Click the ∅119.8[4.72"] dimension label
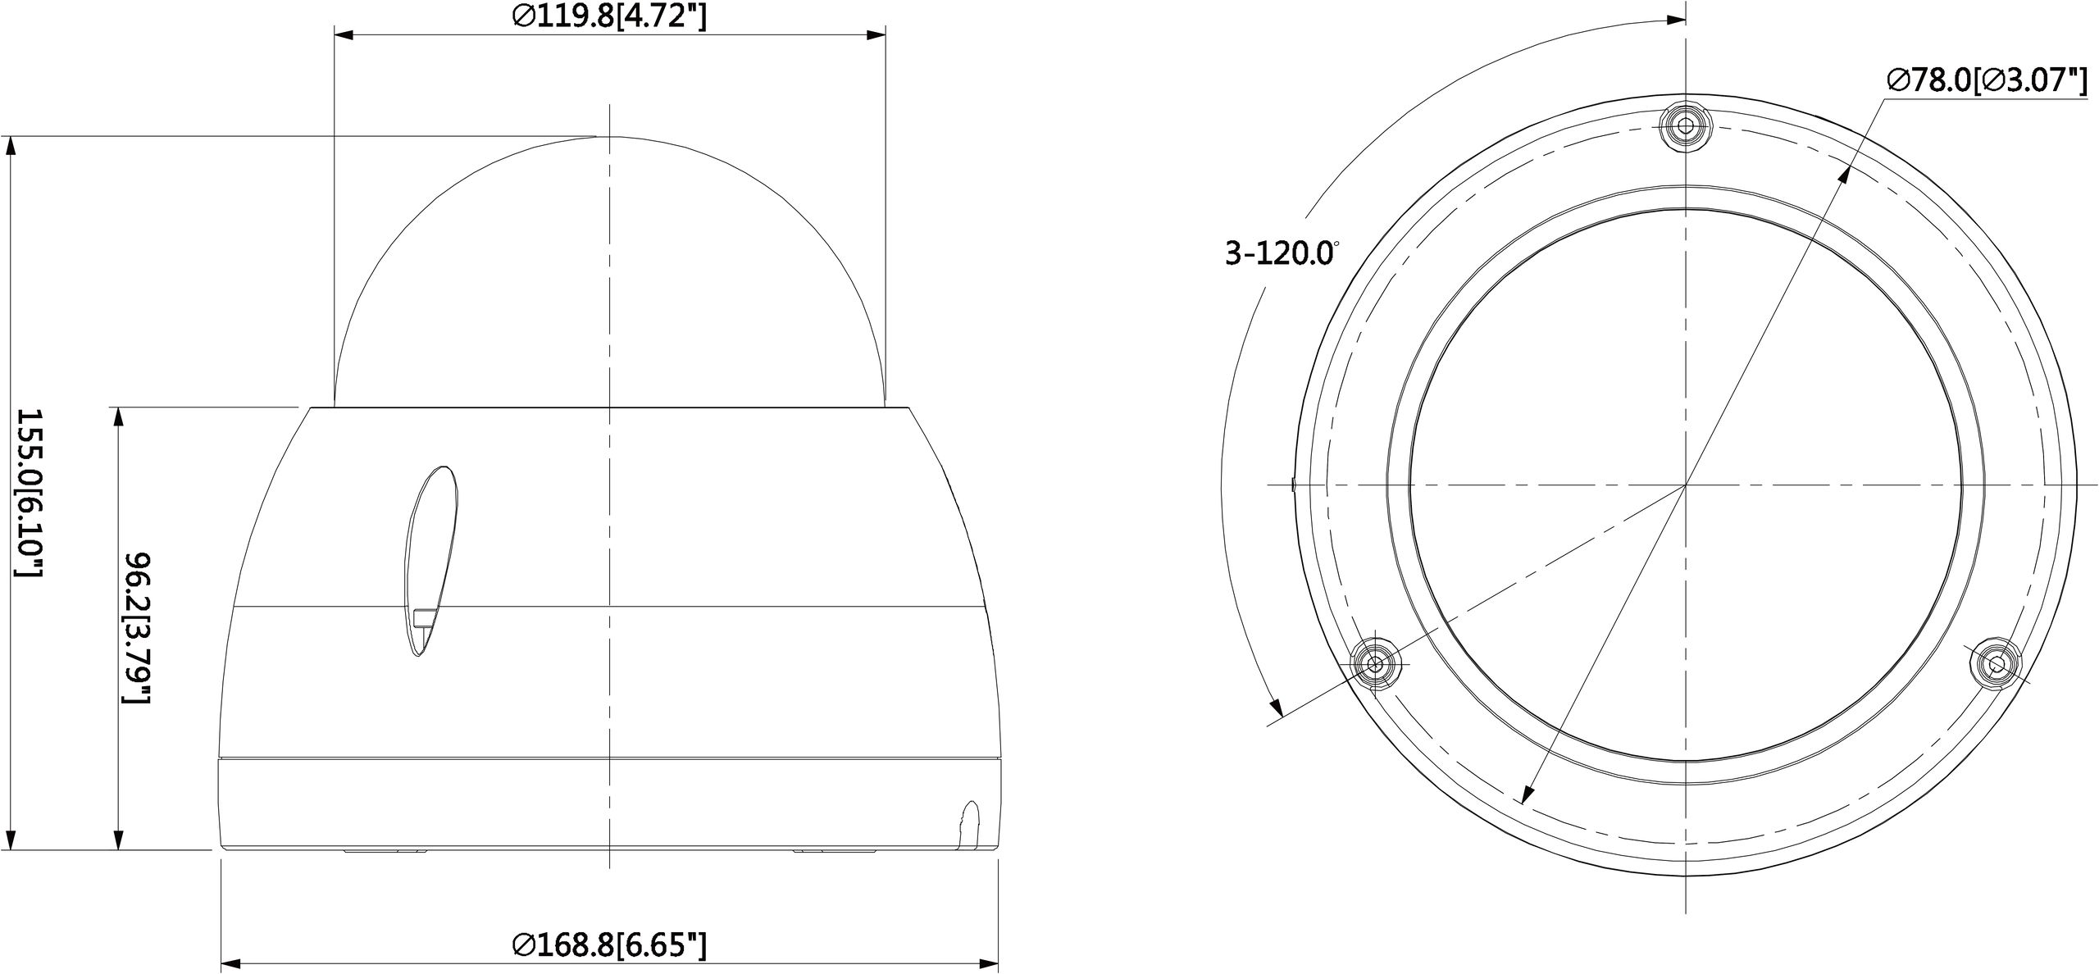[x=608, y=16]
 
